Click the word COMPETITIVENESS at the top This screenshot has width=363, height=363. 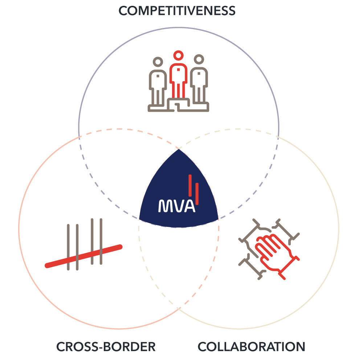pyautogui.click(x=177, y=11)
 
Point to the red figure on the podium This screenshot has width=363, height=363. pyautogui.click(x=178, y=80)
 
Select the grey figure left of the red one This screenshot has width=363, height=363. pyautogui.click(x=158, y=82)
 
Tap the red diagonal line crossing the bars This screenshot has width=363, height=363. pyautogui.click(x=83, y=256)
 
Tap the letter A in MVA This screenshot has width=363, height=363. pyautogui.click(x=189, y=206)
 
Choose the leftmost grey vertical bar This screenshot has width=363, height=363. pyautogui.click(x=68, y=247)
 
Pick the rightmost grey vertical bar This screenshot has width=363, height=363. pyautogui.click(x=101, y=241)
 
